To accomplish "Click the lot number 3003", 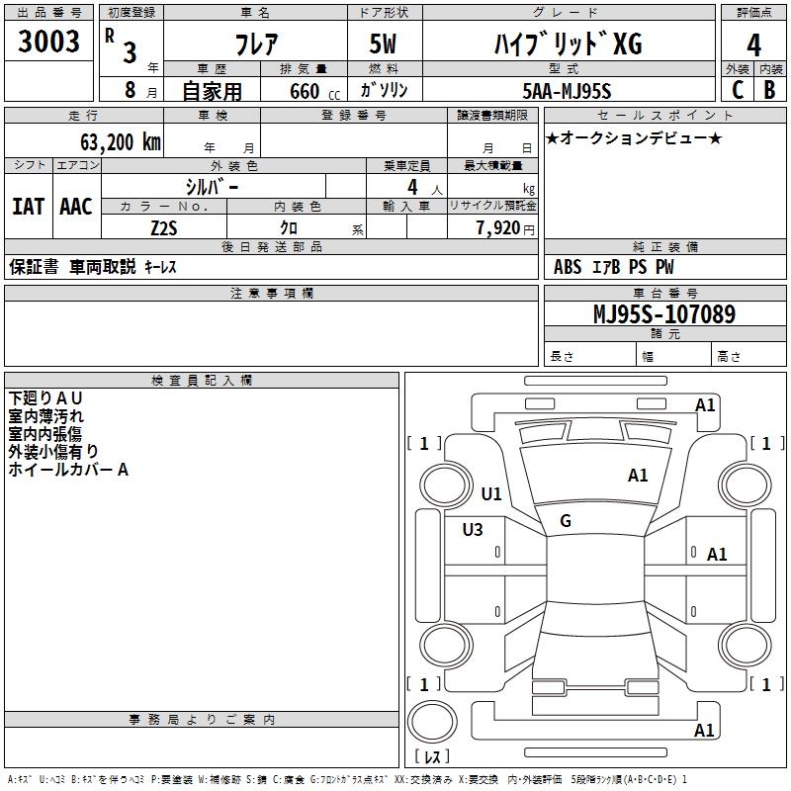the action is [48, 43].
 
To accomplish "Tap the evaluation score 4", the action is [754, 44].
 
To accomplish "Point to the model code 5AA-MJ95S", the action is [567, 91].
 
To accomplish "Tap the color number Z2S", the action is [164, 226].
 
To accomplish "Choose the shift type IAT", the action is [28, 207].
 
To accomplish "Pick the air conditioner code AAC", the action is [76, 207].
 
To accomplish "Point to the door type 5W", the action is [384, 44].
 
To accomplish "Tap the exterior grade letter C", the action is [737, 90].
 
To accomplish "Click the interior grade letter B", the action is [770, 90].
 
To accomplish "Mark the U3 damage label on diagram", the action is [473, 530].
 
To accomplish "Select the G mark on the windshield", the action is [566, 521].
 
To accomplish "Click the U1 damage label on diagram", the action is [491, 493].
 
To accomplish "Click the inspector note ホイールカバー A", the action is [68, 470].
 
